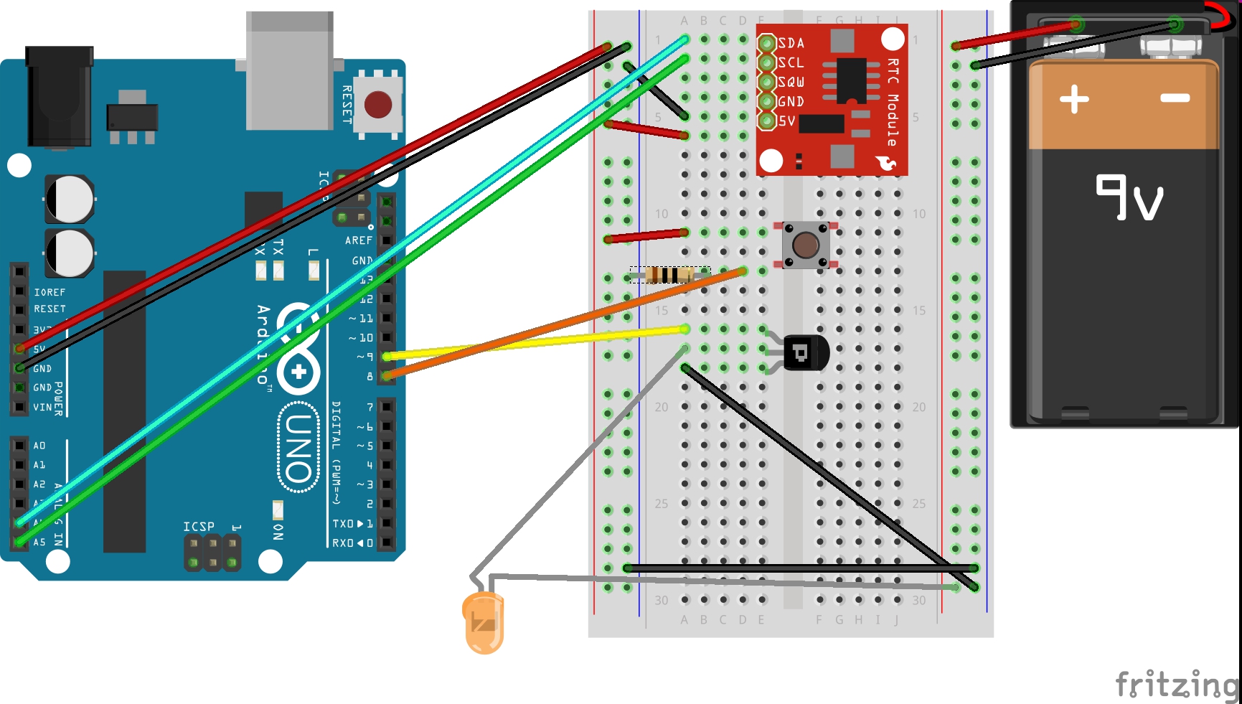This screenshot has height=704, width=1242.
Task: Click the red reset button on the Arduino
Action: tap(378, 105)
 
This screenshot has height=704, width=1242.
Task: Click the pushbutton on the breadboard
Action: tap(805, 245)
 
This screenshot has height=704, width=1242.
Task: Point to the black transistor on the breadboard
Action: tap(804, 352)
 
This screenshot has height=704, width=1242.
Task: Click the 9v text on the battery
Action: tap(1129, 197)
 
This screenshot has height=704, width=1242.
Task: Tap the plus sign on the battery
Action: tap(1074, 99)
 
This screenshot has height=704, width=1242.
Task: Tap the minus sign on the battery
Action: tap(1175, 98)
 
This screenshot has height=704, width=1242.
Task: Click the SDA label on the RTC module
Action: tap(791, 43)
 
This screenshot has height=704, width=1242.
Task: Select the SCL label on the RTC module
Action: tap(791, 62)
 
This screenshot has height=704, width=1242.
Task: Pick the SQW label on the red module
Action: tap(791, 82)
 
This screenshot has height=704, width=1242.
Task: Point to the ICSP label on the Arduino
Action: tap(199, 527)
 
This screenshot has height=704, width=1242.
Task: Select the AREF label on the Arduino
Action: tap(359, 240)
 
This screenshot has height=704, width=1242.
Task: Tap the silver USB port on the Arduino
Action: tap(289, 70)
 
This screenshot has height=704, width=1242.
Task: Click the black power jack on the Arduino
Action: tap(60, 97)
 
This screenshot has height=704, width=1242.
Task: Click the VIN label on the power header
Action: tap(42, 407)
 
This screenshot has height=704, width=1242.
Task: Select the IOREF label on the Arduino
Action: tap(50, 292)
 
